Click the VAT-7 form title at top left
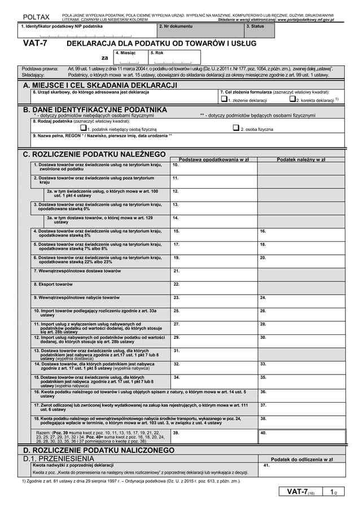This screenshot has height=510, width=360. (35, 43)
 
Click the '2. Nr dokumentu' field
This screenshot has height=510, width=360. (200, 31)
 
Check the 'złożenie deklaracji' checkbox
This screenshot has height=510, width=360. (223, 99)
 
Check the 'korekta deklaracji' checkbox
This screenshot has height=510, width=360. (292, 99)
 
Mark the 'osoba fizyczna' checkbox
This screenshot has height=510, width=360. (236, 128)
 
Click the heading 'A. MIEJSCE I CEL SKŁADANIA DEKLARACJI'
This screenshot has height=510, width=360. (100, 85)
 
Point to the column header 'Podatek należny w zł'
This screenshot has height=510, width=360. (301, 159)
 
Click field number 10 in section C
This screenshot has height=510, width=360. (214, 168)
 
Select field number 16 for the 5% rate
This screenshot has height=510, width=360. (301, 234)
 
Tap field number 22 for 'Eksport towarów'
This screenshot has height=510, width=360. (214, 286)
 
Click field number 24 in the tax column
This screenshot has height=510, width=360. (301, 299)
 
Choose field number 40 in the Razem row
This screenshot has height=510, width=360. (301, 436)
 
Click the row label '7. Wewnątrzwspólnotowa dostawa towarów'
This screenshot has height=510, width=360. (77, 271)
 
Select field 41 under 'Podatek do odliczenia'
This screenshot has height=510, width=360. (301, 469)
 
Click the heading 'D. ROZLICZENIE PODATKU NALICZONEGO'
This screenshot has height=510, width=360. (95, 450)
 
